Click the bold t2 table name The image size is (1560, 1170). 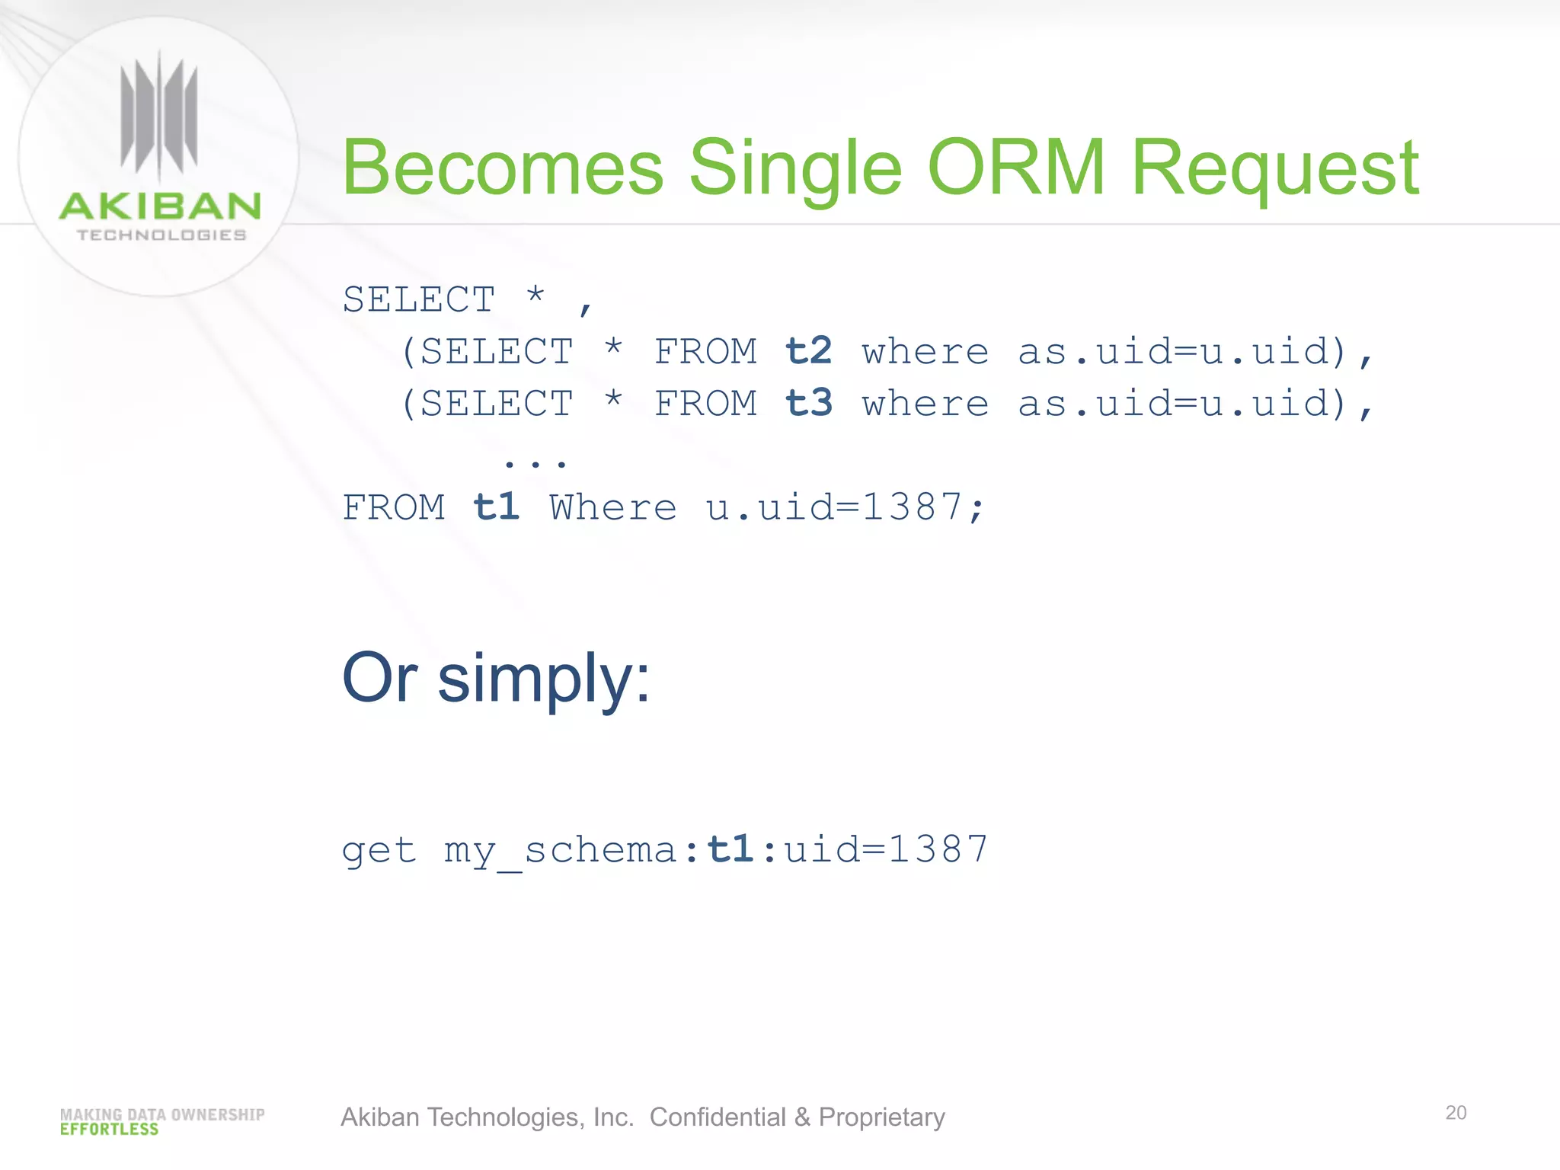(808, 351)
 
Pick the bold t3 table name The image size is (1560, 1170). (808, 403)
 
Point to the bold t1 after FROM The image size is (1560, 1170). (496, 507)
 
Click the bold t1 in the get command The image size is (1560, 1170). (730, 849)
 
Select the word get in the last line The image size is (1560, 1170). (379, 851)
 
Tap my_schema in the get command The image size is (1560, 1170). (561, 851)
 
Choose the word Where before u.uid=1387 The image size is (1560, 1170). (613, 507)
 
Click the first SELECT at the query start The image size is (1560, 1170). (419, 299)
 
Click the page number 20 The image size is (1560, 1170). (1456, 1113)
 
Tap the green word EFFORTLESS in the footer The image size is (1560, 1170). (109, 1130)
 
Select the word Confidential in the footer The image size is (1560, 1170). (717, 1117)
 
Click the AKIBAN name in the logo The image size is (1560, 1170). (160, 206)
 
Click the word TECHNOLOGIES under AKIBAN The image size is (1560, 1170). (161, 235)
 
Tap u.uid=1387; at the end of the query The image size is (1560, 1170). (846, 507)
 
